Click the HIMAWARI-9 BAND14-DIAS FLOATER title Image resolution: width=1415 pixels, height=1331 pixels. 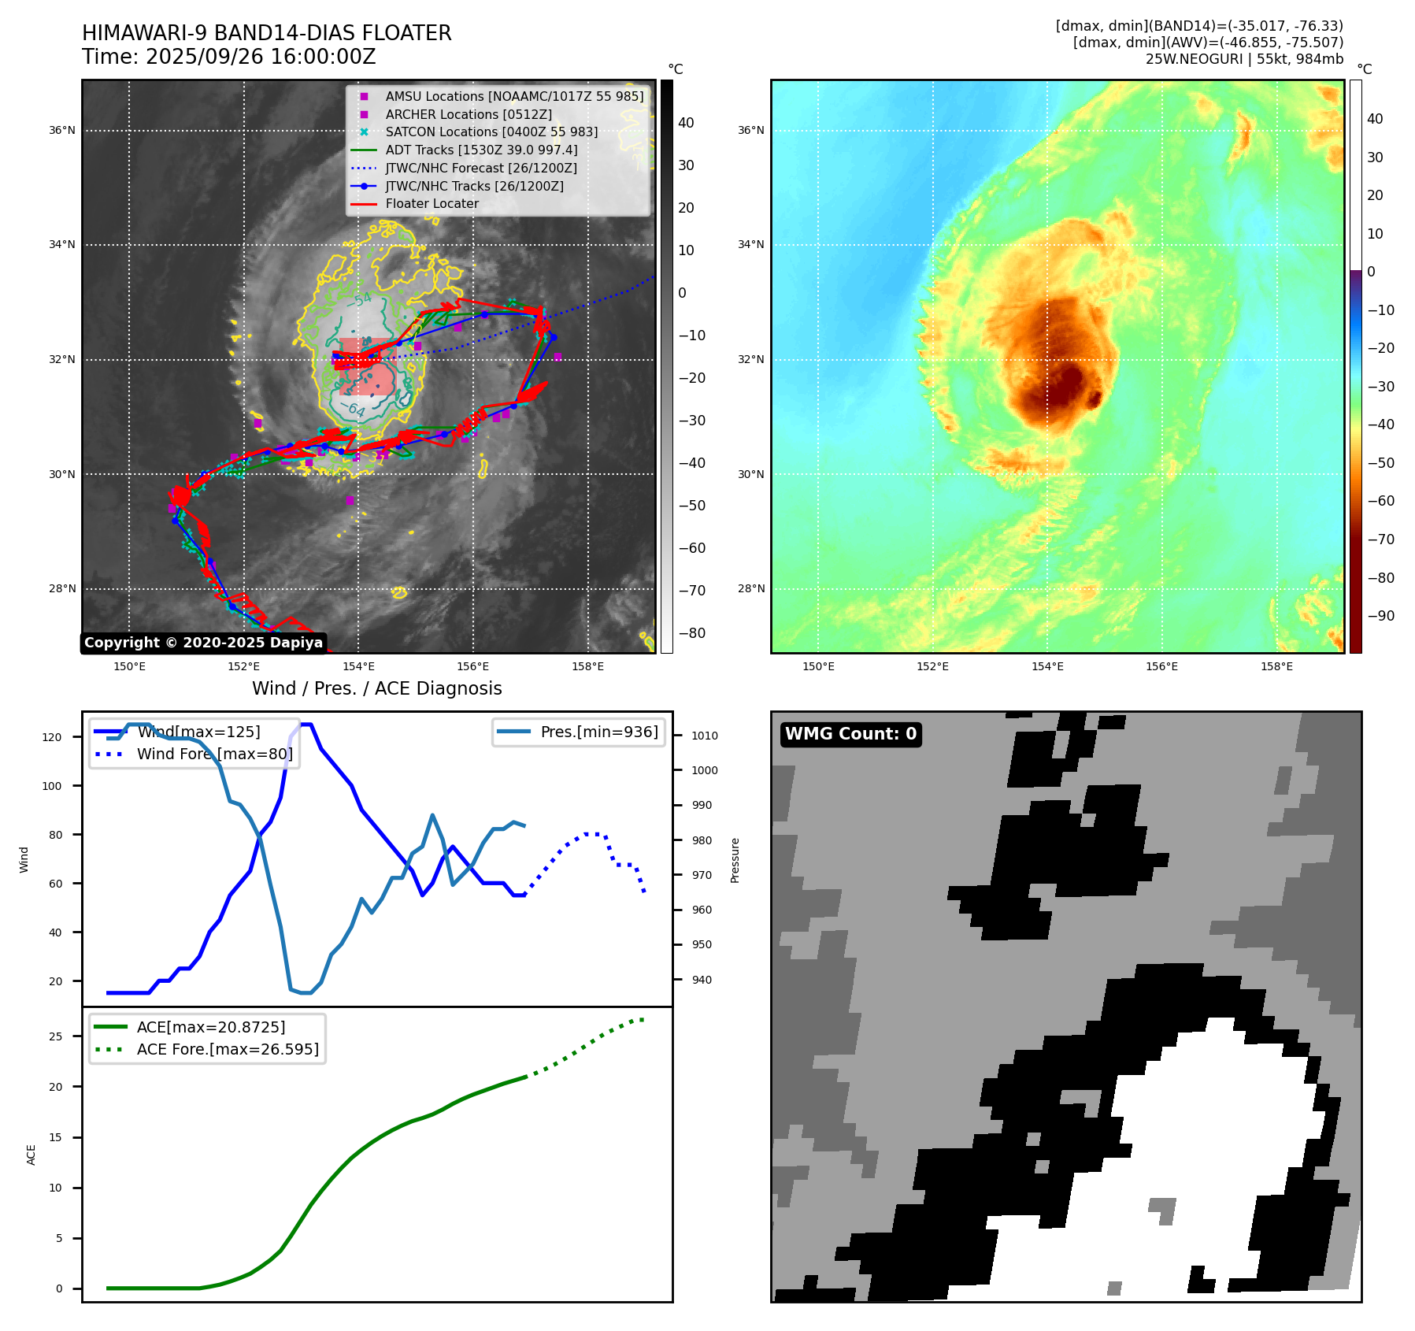pos(266,33)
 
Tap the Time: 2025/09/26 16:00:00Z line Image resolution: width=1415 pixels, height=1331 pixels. pos(228,57)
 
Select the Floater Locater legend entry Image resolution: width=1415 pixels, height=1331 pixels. pos(432,204)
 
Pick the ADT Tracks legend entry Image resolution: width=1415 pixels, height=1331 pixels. pos(481,150)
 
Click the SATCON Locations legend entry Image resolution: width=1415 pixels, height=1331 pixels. pos(491,132)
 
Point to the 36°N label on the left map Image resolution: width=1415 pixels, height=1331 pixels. pos(62,131)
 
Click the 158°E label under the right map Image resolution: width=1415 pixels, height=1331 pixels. pos(1276,666)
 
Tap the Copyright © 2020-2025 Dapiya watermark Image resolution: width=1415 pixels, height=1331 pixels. pos(203,643)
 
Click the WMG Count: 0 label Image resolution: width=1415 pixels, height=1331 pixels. pos(850,734)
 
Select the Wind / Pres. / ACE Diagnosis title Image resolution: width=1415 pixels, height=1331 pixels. pos(376,688)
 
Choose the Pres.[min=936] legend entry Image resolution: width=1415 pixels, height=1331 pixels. pos(598,732)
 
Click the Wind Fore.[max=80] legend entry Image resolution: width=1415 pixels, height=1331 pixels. pos(214,754)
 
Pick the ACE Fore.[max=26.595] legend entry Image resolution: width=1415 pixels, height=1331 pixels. pos(228,1049)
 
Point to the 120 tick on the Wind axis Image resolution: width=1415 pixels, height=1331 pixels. pos(52,737)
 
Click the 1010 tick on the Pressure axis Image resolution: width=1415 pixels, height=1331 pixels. pos(705,736)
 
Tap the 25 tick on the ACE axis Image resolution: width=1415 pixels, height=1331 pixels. pos(55,1036)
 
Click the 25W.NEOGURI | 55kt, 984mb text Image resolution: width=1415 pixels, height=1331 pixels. pos(1244,59)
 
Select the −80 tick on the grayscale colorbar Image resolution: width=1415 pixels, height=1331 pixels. pos(692,633)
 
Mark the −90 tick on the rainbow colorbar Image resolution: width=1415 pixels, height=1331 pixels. pos(1380,616)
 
